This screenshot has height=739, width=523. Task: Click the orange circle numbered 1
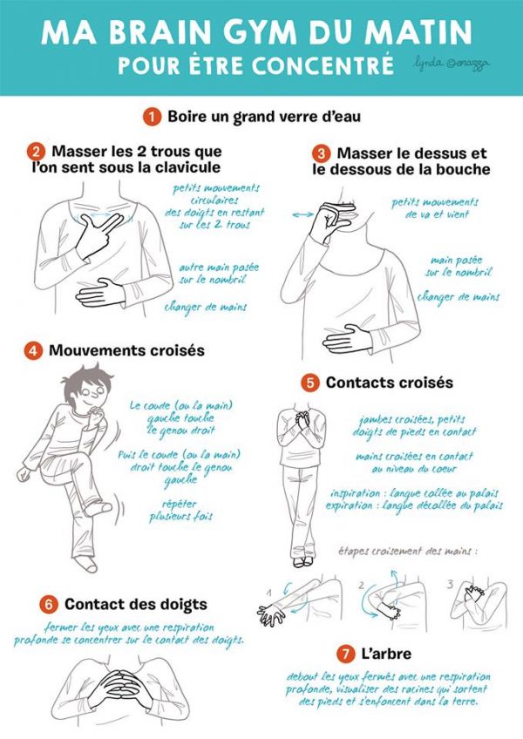click(152, 117)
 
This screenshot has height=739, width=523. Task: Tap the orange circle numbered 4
click(33, 351)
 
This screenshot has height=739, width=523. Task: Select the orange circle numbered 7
click(346, 654)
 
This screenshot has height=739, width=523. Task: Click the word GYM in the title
click(260, 33)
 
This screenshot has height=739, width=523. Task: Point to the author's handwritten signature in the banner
click(451, 64)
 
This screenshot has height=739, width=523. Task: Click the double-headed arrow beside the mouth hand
click(302, 215)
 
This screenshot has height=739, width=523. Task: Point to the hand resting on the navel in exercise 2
click(99, 293)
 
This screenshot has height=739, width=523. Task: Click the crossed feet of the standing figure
click(302, 561)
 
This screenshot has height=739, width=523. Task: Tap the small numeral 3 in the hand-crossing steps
click(451, 585)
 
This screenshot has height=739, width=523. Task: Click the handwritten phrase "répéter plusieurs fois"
click(180, 511)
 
